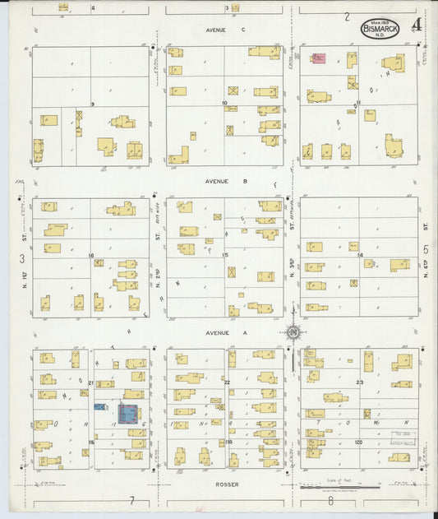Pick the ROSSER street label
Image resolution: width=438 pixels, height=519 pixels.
228,484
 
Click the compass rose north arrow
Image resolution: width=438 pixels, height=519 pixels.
292,333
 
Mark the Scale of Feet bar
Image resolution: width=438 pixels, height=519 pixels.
333,487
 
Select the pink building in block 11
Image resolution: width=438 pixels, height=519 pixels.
318,58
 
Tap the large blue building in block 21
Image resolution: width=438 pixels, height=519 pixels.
128,414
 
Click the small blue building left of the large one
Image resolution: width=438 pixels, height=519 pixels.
99,406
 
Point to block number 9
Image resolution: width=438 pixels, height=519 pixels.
93,104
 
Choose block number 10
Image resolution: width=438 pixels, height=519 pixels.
224,103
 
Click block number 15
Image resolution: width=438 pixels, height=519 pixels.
225,255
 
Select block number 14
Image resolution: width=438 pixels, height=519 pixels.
359,255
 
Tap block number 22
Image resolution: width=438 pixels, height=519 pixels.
226,382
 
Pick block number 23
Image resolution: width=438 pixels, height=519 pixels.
359,382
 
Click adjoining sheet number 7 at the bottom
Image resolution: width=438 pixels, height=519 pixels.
131,500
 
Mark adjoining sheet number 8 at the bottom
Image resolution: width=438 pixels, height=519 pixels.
330,500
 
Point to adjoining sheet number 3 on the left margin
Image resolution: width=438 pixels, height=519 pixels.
21,258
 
